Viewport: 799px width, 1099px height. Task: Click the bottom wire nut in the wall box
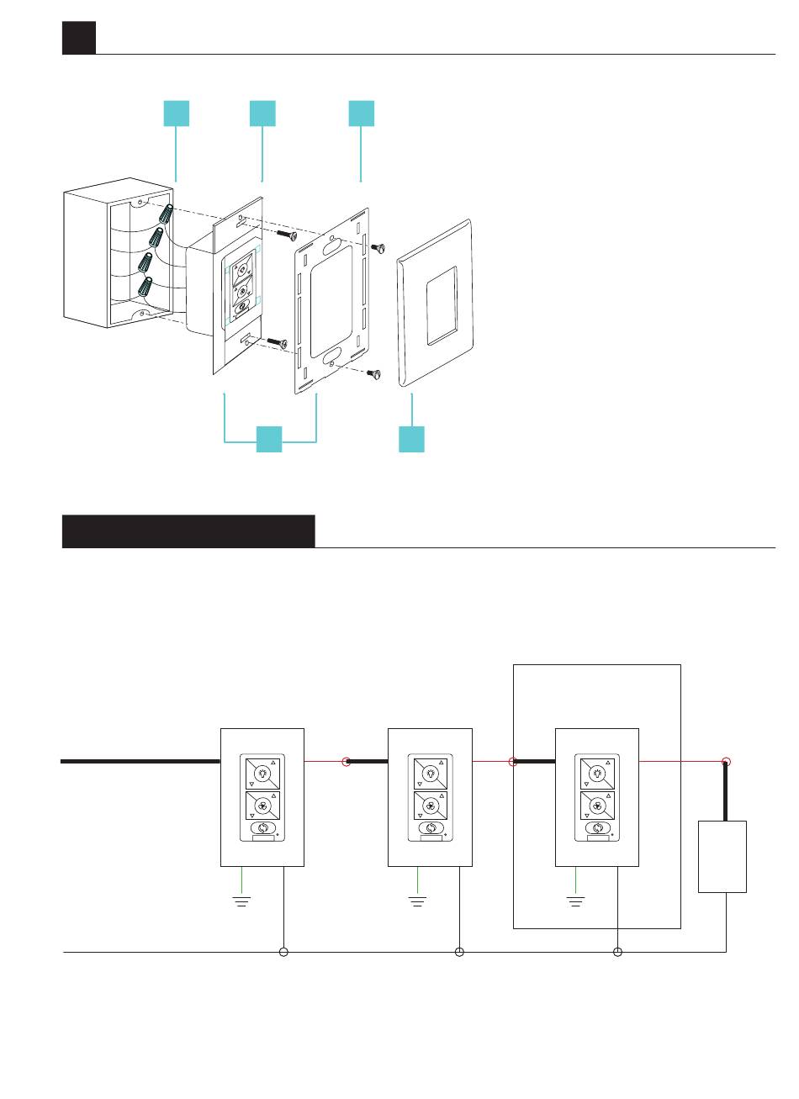tap(146, 286)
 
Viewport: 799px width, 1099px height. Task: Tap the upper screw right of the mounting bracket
tap(378, 246)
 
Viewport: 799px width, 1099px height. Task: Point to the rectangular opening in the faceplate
tap(442, 306)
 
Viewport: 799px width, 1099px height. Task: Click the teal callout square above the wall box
tap(176, 113)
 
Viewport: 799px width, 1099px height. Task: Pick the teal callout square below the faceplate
tap(411, 439)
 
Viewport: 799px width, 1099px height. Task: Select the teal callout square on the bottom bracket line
tap(269, 439)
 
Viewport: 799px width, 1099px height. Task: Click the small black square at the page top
tap(79, 38)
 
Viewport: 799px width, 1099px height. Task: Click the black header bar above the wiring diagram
tap(188, 531)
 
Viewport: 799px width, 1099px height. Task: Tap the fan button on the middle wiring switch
tap(431, 806)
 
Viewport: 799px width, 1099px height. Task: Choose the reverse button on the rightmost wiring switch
tap(596, 828)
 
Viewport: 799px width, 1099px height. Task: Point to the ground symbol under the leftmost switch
tap(242, 901)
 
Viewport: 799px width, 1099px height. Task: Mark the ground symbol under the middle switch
tap(417, 901)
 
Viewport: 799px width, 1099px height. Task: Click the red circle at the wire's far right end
tap(727, 762)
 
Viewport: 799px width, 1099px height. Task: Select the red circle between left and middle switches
tap(346, 762)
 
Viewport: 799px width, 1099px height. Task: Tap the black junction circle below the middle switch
tap(459, 952)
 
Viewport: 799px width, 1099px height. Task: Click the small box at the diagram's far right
tap(722, 856)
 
